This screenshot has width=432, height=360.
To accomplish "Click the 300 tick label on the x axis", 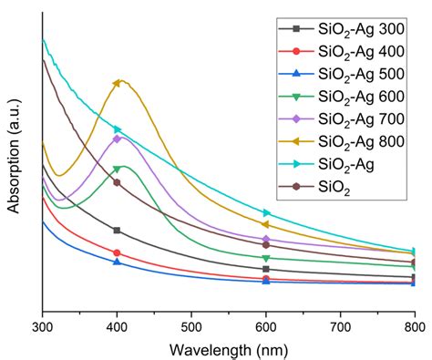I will (x=43, y=324).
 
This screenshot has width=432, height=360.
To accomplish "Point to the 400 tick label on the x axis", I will (x=117, y=324).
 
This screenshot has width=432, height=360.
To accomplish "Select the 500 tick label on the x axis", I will (x=191, y=324).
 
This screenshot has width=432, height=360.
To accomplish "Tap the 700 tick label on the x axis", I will (x=340, y=324).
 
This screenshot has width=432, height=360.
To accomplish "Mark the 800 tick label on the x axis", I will (x=413, y=324).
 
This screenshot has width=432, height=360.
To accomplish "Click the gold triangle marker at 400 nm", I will (x=117, y=84).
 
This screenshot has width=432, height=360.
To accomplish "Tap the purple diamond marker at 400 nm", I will (x=117, y=139).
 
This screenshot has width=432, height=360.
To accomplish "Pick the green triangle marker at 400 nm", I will (x=117, y=170).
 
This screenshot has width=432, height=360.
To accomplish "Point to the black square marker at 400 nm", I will (x=117, y=231).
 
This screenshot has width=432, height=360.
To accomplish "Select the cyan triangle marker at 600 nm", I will (x=266, y=213).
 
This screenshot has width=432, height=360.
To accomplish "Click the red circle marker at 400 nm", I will (x=117, y=252).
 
